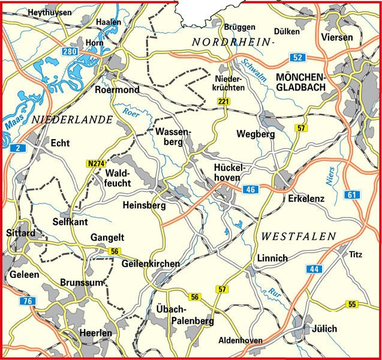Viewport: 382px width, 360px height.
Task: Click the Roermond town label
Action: click(x=118, y=90)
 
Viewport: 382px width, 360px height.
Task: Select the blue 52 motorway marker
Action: click(x=297, y=58)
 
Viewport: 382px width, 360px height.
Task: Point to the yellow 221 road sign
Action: click(x=224, y=103)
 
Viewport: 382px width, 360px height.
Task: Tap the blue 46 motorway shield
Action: click(x=251, y=190)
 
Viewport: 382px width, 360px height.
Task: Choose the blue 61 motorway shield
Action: click(x=351, y=194)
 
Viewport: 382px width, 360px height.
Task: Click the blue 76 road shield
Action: click(x=25, y=301)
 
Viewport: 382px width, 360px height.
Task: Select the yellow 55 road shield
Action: click(x=352, y=305)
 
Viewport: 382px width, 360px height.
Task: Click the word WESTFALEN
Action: click(x=299, y=237)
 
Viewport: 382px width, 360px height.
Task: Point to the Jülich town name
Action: click(x=324, y=329)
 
